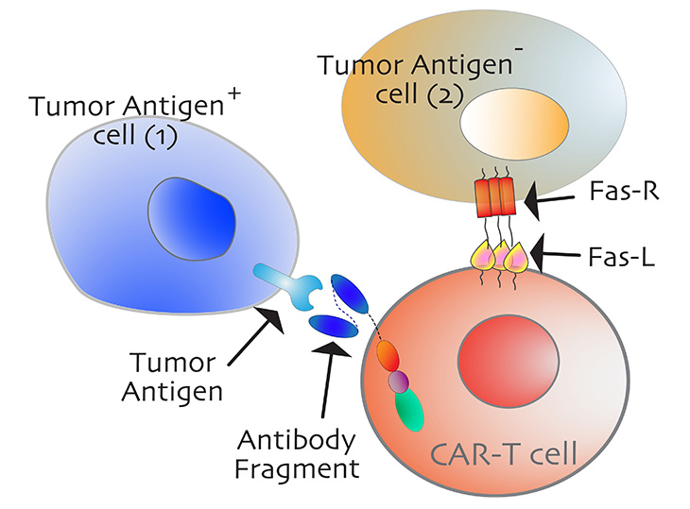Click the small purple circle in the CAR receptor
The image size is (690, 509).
(x=399, y=381)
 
